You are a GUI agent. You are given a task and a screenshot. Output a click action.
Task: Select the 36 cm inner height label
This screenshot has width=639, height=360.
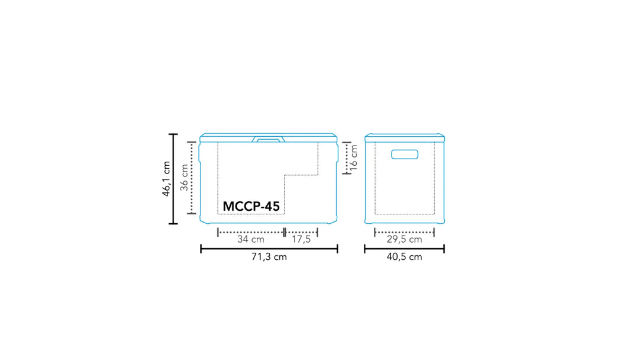(x=184, y=177)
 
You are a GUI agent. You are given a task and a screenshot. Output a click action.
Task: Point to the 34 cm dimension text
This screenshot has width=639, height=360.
(x=250, y=240)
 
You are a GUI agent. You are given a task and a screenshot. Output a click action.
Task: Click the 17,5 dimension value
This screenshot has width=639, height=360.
(x=301, y=240)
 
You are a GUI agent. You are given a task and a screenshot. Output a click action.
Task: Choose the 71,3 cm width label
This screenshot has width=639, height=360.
(x=269, y=258)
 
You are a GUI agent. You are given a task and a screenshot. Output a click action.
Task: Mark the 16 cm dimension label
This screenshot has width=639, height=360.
(x=354, y=157)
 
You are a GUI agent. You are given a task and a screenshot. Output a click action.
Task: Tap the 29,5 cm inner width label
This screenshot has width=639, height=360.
(x=404, y=240)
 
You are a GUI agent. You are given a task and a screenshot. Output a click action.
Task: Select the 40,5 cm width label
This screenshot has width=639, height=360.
(x=404, y=258)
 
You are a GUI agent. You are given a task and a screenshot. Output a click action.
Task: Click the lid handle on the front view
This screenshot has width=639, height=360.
(x=269, y=140)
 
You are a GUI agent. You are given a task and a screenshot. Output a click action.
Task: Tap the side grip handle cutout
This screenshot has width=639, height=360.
(x=405, y=155)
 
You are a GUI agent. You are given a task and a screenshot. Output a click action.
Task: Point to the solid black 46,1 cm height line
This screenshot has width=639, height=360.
(x=173, y=179)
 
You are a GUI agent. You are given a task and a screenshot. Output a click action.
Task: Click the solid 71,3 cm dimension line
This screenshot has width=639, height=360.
(x=269, y=249)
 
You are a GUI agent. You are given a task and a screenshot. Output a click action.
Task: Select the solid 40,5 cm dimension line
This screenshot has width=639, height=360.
(x=404, y=249)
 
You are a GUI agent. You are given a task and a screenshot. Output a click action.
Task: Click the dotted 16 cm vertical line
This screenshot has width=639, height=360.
(x=346, y=158)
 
